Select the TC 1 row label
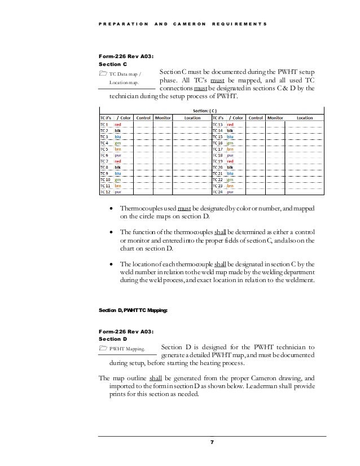[x=105, y=125]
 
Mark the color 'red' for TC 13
[x=231, y=125]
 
